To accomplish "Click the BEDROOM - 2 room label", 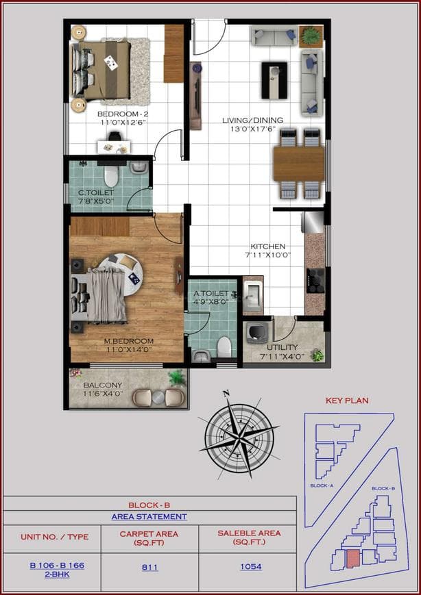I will [122, 114].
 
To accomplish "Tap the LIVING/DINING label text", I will [252, 121].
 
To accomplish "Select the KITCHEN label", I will [267, 246].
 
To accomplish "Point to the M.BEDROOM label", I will [128, 340].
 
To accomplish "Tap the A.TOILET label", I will [210, 293].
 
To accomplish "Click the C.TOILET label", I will [96, 192].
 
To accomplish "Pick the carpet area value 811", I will [149, 567].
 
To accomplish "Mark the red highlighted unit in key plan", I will [352, 558].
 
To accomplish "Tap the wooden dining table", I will [298, 164].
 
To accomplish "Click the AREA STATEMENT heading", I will [149, 517].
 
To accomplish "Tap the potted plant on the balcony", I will [177, 377].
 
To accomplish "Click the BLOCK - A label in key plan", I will [321, 485].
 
